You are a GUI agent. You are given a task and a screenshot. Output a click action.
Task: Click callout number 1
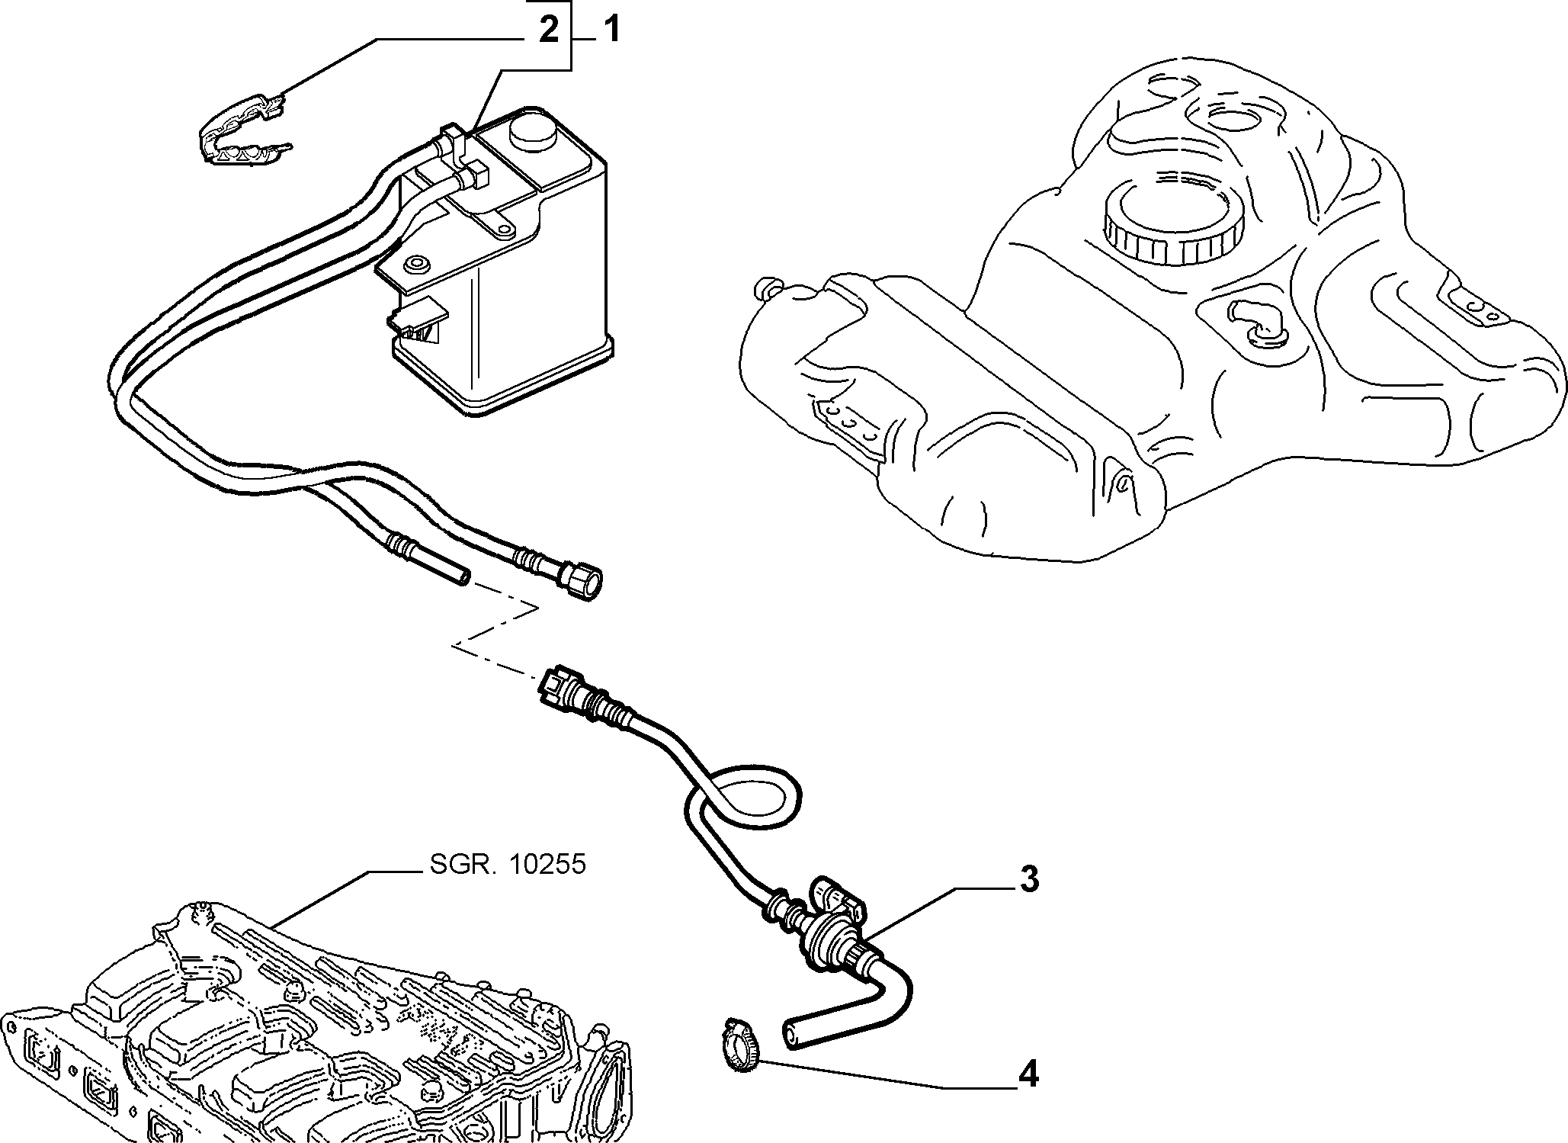click(611, 31)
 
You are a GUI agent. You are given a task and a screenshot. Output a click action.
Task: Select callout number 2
click(550, 31)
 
